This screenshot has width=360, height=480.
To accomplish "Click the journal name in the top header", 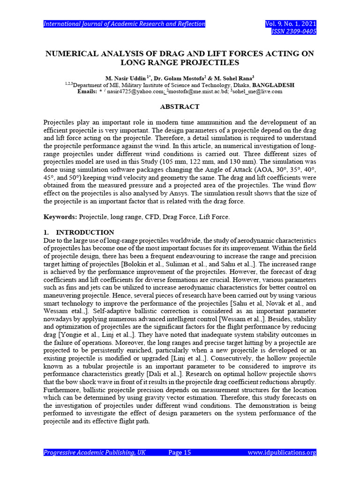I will click(x=124, y=24).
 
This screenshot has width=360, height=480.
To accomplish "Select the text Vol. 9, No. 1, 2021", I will click(x=291, y=24).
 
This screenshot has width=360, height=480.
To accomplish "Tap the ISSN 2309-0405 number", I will click(x=294, y=31).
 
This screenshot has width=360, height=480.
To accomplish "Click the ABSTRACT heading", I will click(x=180, y=107).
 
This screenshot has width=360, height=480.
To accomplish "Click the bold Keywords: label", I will click(x=60, y=217).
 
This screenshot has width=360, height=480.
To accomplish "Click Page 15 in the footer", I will click(x=180, y=452).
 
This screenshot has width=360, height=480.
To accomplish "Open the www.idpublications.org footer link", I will click(x=281, y=452).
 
